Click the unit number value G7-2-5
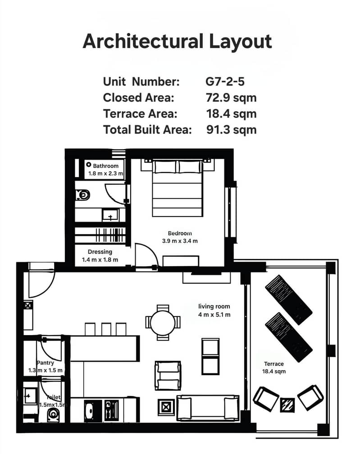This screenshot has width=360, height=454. (x=225, y=82)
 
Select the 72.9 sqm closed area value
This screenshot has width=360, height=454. (x=231, y=98)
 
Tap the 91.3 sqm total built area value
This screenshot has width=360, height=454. (x=232, y=129)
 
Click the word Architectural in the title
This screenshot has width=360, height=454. (x=143, y=41)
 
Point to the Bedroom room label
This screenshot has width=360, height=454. (x=180, y=233)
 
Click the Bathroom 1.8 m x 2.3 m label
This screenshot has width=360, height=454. (x=106, y=170)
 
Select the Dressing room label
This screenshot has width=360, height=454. (x=100, y=252)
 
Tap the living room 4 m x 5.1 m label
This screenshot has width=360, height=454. (x=214, y=310)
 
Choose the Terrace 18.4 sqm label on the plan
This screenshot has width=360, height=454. (x=274, y=368)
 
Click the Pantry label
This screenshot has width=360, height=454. (x=46, y=363)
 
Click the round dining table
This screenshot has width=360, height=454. (x=163, y=322)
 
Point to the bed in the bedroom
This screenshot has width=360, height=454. (x=177, y=188)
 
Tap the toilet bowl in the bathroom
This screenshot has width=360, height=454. (x=82, y=195)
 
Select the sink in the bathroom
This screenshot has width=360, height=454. (x=110, y=215)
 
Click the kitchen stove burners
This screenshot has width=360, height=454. (x=111, y=411)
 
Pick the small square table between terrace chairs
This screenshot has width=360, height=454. (x=287, y=405)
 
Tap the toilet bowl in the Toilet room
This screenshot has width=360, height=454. (x=53, y=415)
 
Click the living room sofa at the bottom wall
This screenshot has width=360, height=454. (x=208, y=408)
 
